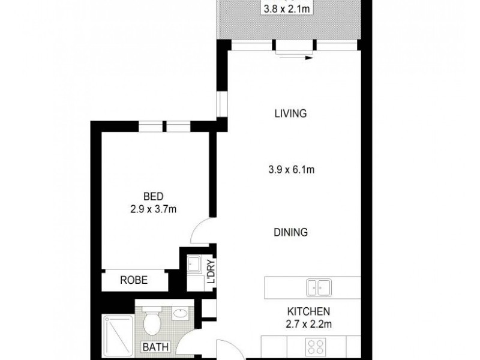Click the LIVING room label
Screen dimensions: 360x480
pos(290,113)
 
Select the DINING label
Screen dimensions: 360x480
pos(290,232)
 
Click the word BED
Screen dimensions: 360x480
pos(151,196)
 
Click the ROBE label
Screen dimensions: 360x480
pos(133,280)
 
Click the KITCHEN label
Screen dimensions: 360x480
pos(309,311)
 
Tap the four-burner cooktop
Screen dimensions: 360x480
pos(317,347)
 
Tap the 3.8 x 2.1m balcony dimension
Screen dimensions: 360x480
pos(286,9)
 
